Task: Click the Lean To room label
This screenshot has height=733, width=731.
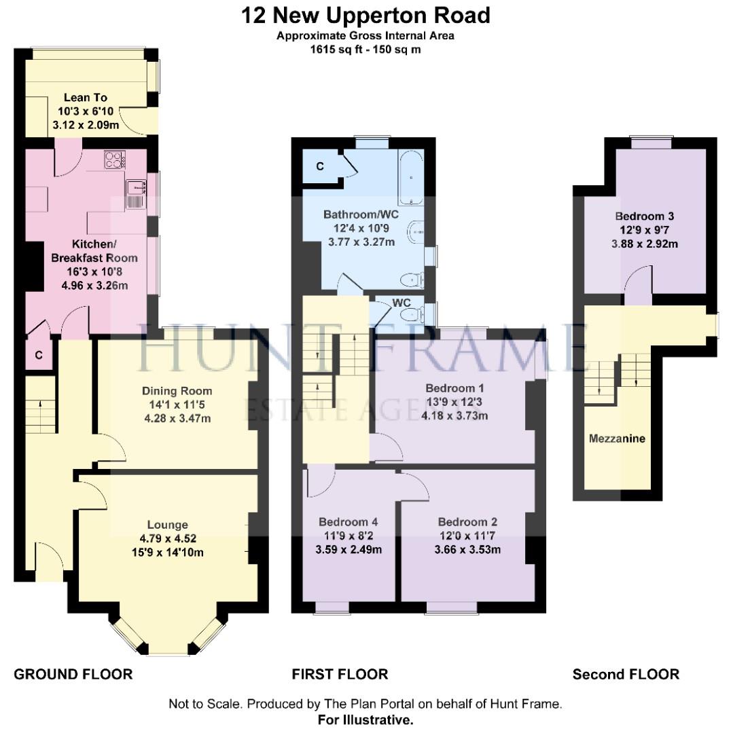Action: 86,97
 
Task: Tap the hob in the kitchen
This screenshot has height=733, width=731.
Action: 115,159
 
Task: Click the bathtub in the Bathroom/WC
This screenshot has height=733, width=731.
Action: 411,177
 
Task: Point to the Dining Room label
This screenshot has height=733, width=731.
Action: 177,391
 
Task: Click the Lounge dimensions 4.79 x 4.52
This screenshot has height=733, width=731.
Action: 168,538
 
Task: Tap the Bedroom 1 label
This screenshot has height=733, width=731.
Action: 454,388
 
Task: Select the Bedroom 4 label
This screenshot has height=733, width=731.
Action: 349,522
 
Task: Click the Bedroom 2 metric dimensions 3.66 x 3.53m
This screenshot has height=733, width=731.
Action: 467,549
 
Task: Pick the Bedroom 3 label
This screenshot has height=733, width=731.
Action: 645,216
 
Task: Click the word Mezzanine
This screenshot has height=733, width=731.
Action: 617,438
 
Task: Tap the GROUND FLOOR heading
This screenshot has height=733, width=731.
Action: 73,674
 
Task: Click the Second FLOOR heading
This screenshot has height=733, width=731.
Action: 626,674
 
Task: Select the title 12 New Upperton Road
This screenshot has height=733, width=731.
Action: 365,16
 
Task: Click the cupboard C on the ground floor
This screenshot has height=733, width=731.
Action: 39,355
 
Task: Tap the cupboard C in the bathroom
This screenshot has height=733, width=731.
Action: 320,166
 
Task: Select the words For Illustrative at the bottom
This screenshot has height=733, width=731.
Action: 365,719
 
